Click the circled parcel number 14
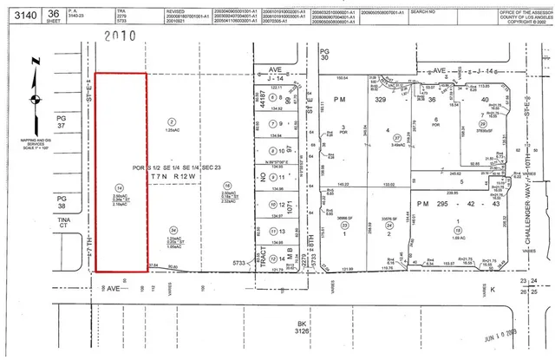pos(118,187)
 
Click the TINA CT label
pos(62,223)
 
